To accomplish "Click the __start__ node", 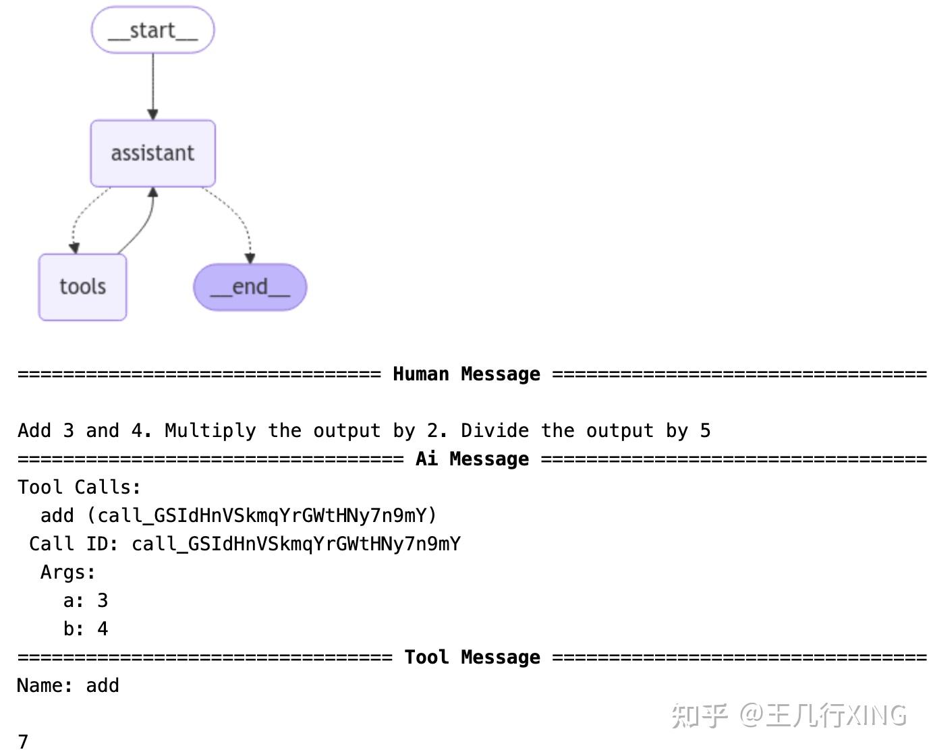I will (x=152, y=30).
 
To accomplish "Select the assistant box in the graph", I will (x=152, y=153).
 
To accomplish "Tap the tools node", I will (x=82, y=287).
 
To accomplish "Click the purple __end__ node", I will (x=250, y=287).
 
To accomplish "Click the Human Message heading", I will (x=466, y=374).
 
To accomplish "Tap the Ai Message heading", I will (x=472, y=459).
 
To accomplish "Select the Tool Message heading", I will (x=472, y=657).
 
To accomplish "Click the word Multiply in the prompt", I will (x=210, y=430).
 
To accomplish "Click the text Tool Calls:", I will (x=80, y=487).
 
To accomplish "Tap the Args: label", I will (x=68, y=572).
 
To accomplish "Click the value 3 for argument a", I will (x=103, y=600).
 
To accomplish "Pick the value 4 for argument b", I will (x=103, y=629).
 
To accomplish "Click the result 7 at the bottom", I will (x=23, y=741).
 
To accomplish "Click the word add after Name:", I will (x=103, y=685).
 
